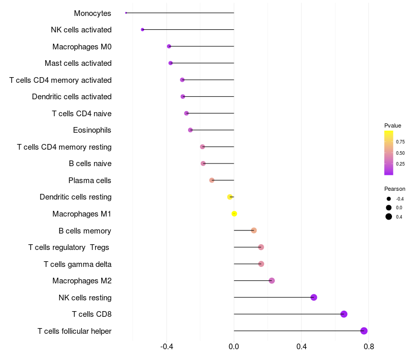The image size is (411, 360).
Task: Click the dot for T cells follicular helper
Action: (364, 331)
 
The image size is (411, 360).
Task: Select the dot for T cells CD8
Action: (344, 314)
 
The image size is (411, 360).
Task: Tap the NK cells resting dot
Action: (313, 297)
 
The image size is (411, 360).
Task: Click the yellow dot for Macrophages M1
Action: (234, 213)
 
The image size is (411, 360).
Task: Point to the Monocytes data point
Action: (126, 13)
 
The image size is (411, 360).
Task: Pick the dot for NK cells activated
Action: (142, 30)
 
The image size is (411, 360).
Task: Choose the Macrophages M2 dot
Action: (272, 281)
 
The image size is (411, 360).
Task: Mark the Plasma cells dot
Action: (212, 180)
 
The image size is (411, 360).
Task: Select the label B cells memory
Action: (85, 231)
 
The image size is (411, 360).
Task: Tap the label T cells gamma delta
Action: (78, 264)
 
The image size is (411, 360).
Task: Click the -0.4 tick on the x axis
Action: (166, 347)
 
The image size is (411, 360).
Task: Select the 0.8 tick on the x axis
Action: (368, 347)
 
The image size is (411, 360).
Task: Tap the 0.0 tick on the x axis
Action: (234, 347)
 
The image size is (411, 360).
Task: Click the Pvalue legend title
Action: (393, 125)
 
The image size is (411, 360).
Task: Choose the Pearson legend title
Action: (395, 189)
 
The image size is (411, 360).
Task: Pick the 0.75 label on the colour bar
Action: (400, 141)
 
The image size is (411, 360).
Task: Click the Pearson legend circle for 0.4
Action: (389, 217)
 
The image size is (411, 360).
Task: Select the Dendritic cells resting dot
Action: (230, 197)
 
